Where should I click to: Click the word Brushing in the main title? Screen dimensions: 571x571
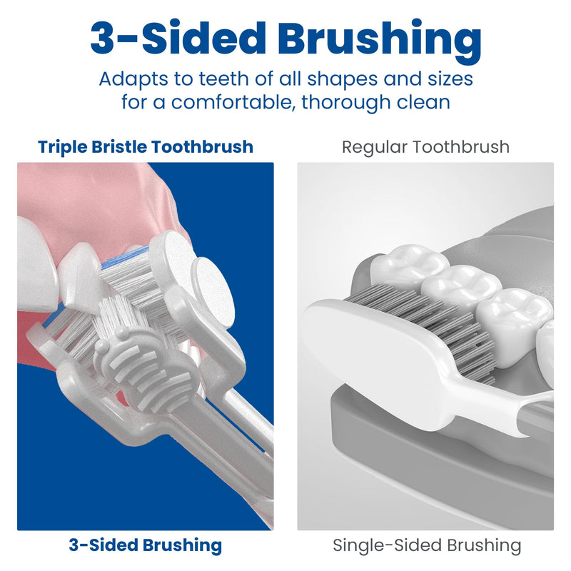(374, 39)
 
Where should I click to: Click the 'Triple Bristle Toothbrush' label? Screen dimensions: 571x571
(146, 147)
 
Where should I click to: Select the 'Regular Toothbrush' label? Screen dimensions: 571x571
(425, 147)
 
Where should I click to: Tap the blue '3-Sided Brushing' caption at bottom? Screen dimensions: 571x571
(146, 545)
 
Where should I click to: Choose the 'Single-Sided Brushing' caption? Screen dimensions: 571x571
(426, 546)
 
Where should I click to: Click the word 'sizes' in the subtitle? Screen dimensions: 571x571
(445, 78)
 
